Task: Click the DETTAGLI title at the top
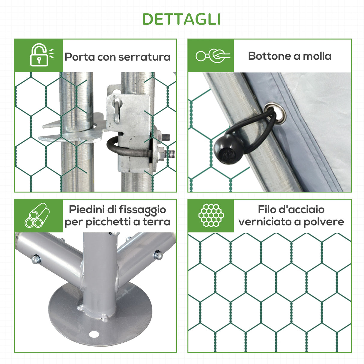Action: pos(182,19)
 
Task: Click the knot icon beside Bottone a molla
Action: pos(213,56)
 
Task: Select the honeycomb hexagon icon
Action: pos(211,215)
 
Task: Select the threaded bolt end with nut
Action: pos(168,154)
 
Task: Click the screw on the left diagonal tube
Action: pos(36,258)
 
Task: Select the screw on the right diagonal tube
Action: pos(158,255)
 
